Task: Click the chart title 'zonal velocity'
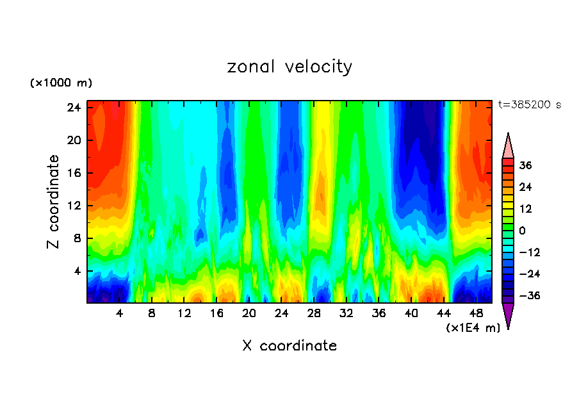[289, 67]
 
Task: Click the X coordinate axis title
[289, 346]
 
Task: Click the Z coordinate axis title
[54, 202]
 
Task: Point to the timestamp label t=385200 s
[529, 104]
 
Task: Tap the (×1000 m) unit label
[61, 83]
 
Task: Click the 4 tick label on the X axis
[120, 314]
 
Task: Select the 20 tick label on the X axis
[249, 314]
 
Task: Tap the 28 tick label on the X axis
[314, 314]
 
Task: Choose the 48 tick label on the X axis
[476, 314]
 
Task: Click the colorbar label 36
[526, 165]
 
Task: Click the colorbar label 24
[526, 187]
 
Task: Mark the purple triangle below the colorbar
[508, 315]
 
